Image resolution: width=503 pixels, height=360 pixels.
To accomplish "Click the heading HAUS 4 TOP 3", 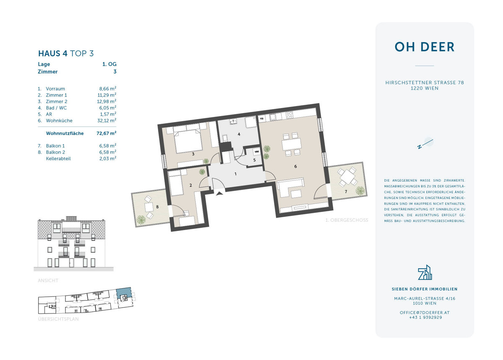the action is click(66, 54).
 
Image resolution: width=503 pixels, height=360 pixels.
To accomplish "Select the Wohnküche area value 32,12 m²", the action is click(106, 120).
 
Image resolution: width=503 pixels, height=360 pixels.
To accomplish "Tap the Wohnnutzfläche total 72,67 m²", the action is click(106, 133).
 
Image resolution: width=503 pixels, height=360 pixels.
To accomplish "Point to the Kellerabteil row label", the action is click(58, 158).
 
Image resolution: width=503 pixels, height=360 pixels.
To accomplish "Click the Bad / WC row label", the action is click(56, 108).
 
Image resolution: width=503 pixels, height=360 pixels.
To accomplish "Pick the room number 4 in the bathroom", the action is click(239, 134).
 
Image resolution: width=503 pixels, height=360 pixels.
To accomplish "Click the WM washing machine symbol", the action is click(257, 152).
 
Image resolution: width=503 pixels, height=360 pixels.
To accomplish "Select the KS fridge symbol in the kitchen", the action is click(262, 118).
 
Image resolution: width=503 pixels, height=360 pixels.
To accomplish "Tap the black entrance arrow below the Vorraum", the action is click(220, 193).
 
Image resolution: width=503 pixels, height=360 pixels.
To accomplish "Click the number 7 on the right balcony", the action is click(346, 192).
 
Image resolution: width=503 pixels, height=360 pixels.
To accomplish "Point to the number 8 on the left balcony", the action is click(157, 207).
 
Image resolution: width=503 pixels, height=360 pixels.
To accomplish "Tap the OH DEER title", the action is click(424, 47).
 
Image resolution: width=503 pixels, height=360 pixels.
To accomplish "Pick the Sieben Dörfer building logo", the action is click(425, 272).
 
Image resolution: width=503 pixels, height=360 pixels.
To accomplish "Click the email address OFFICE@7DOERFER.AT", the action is click(424, 313).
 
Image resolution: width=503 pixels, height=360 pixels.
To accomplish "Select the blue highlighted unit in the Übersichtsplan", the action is click(124, 293).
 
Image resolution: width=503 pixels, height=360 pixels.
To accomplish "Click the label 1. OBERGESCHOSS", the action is click(347, 220).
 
